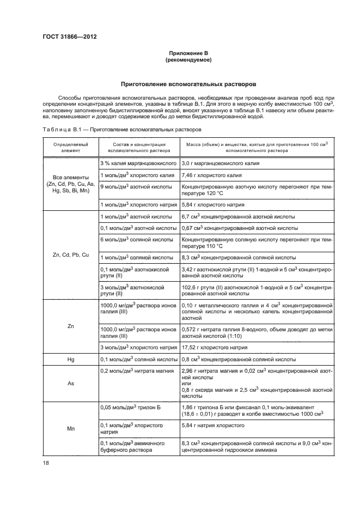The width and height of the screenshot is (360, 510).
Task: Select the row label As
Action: coord(71,384)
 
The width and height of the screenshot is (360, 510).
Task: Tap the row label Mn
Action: coord(71,429)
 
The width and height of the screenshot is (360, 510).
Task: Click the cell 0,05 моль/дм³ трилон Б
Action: coord(129,407)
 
